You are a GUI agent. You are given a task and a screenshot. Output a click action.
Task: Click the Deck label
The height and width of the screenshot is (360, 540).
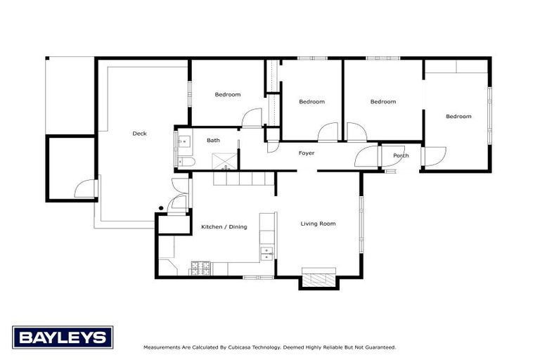[x=139, y=134]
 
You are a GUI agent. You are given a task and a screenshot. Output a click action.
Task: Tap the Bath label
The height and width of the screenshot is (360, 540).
[x=213, y=140]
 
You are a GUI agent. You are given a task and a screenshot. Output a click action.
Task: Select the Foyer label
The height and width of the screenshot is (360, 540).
[x=307, y=153]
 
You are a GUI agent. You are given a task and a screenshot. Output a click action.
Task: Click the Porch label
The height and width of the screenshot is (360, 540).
[x=401, y=155]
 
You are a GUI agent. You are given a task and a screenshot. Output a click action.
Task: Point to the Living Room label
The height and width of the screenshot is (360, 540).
[x=318, y=224]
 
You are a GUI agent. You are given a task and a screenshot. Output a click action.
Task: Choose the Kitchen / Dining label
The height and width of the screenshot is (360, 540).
[x=224, y=226]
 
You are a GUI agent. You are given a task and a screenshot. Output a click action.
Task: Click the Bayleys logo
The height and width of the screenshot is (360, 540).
[x=63, y=337]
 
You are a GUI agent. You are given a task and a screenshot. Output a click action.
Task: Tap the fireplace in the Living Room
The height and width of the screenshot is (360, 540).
[x=319, y=277]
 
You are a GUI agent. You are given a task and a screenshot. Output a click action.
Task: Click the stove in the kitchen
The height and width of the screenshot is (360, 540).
[x=201, y=269]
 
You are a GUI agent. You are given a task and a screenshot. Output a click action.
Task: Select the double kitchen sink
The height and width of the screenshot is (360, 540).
[x=267, y=254]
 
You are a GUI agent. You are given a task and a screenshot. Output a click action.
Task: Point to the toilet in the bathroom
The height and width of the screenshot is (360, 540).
[x=186, y=162]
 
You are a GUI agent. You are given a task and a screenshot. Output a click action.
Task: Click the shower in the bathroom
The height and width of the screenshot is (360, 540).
[x=224, y=162]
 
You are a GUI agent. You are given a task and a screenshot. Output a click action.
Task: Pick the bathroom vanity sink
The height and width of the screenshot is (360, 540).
[x=184, y=141]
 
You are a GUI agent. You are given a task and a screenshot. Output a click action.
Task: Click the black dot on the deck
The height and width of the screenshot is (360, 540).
[x=161, y=208]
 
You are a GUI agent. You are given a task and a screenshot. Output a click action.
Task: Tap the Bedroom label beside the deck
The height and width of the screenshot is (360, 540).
[x=228, y=94]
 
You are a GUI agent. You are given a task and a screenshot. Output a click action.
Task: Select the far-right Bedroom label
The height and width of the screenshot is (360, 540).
[x=458, y=117]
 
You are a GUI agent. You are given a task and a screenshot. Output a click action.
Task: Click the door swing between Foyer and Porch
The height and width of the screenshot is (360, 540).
[x=366, y=156]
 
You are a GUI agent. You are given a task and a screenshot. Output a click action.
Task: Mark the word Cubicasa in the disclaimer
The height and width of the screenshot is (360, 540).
[x=239, y=347]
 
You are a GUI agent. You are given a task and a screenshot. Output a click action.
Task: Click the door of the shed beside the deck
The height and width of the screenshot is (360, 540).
[x=84, y=188]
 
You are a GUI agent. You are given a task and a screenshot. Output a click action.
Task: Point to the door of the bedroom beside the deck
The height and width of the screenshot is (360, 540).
[x=252, y=118]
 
